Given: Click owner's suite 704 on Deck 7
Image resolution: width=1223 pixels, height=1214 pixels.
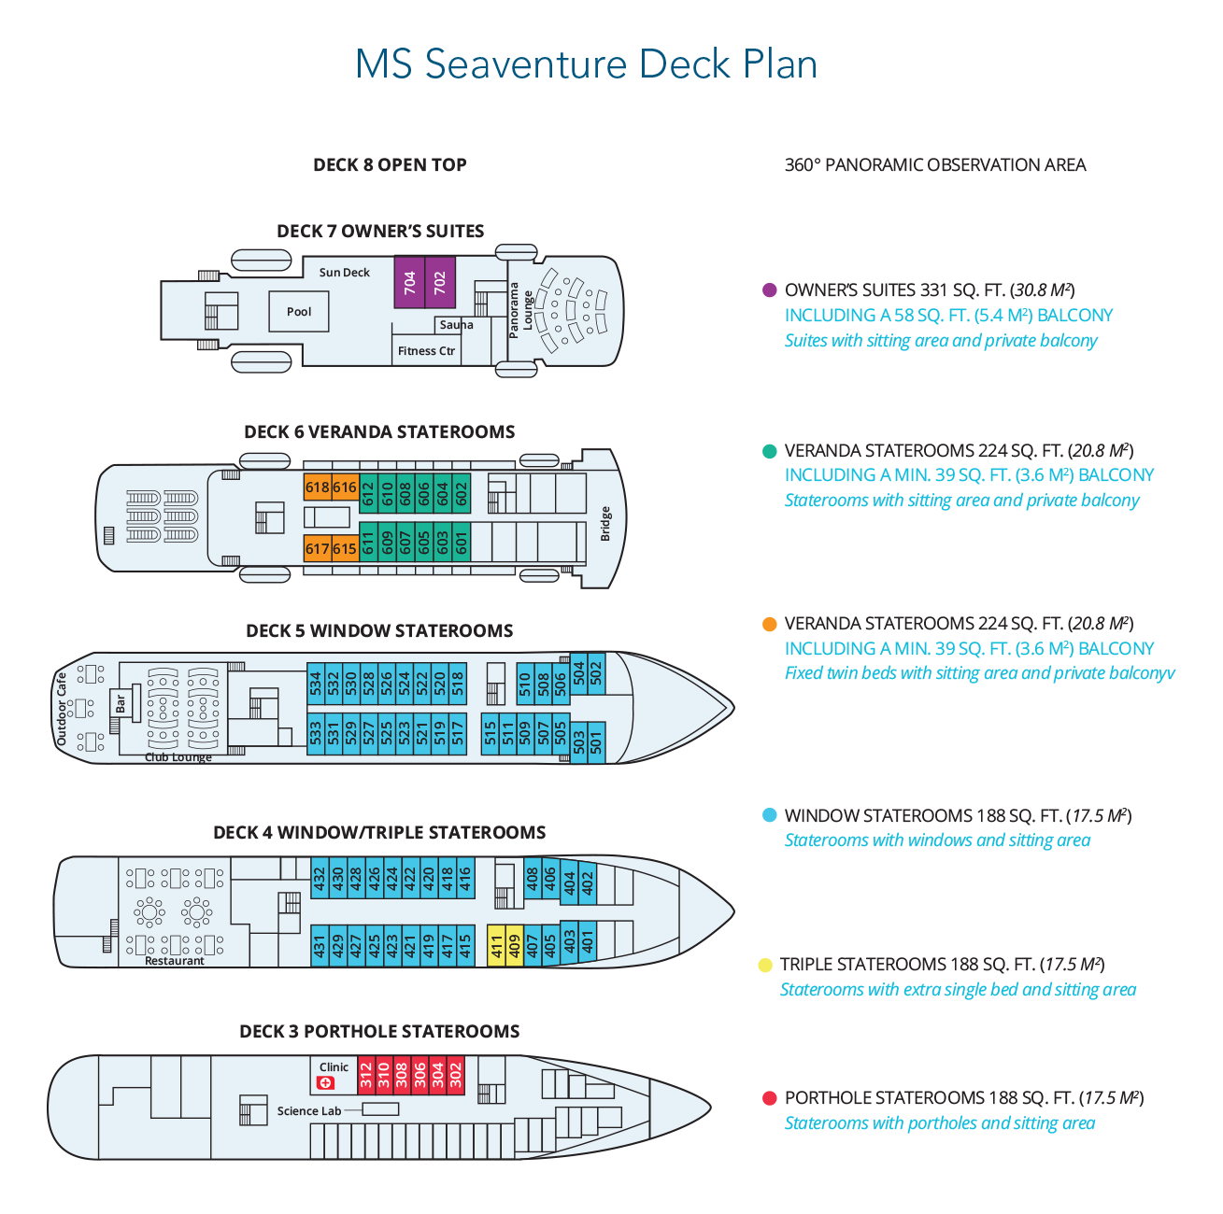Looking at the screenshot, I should [409, 282].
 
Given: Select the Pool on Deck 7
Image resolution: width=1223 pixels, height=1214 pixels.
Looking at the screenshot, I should [299, 312].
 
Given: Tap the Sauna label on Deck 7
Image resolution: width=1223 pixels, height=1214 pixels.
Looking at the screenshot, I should [456, 325].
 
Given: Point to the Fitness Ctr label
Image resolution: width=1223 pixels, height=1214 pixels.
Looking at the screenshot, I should [426, 351].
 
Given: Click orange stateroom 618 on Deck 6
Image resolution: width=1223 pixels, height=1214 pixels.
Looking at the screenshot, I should [317, 487].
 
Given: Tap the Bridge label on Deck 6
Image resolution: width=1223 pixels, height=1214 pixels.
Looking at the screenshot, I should [605, 524].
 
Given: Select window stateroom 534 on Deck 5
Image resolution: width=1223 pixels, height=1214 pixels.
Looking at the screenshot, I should [316, 683].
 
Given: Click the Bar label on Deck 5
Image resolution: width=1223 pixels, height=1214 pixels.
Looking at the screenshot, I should [121, 704].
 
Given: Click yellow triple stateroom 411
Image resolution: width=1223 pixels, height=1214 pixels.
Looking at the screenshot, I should [497, 946].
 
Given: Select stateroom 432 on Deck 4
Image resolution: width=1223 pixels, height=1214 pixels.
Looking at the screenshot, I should [320, 879].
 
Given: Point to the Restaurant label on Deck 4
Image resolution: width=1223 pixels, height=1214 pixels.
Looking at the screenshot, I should [175, 961].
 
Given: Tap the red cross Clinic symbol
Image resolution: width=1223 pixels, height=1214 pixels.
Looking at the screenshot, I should [326, 1082].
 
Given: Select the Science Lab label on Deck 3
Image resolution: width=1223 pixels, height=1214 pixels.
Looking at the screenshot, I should [309, 1111].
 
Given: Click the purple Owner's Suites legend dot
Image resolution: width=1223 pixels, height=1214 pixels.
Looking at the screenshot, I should [770, 290].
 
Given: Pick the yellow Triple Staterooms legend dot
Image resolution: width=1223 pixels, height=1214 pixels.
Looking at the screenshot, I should [765, 965].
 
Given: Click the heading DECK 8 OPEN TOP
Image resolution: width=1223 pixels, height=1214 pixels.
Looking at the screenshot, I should [390, 165].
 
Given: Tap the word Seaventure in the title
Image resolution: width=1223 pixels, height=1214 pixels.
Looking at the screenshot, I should [525, 64].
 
